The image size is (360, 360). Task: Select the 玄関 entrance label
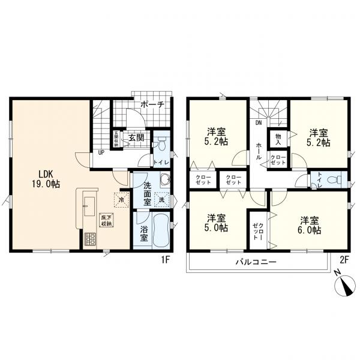coord(136,137)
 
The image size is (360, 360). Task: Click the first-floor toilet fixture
coord(160,143)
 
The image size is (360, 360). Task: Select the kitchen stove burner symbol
coord(91,239)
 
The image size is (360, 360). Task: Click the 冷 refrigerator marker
coord(121,199)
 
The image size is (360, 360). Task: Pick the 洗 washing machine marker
coord(161,199)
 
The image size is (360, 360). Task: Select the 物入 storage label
coord(278,139)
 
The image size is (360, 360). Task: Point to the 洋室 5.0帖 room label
coord(217,223)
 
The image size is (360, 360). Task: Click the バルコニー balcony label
coord(256,262)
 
